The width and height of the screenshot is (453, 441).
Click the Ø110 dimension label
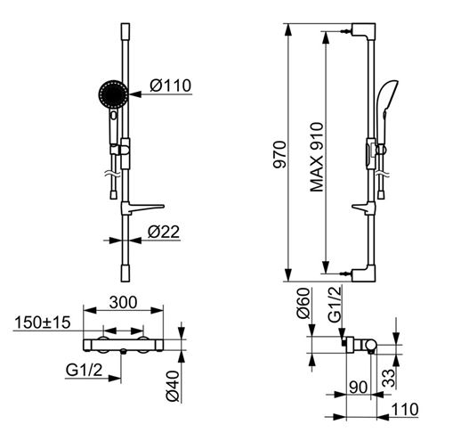click(x=171, y=86)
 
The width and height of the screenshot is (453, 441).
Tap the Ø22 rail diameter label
click(x=164, y=232)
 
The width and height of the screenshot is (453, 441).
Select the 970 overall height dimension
click(x=280, y=155)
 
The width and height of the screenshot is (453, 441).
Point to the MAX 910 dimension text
click(x=317, y=157)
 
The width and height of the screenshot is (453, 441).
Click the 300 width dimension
click(x=123, y=302)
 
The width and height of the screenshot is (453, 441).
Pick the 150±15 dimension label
click(x=43, y=323)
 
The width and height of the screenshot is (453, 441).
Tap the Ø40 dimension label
click(x=173, y=386)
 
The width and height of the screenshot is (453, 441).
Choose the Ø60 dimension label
click(x=303, y=303)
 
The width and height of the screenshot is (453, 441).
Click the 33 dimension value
click(x=389, y=378)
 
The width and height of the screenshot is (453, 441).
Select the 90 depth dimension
click(x=359, y=388)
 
